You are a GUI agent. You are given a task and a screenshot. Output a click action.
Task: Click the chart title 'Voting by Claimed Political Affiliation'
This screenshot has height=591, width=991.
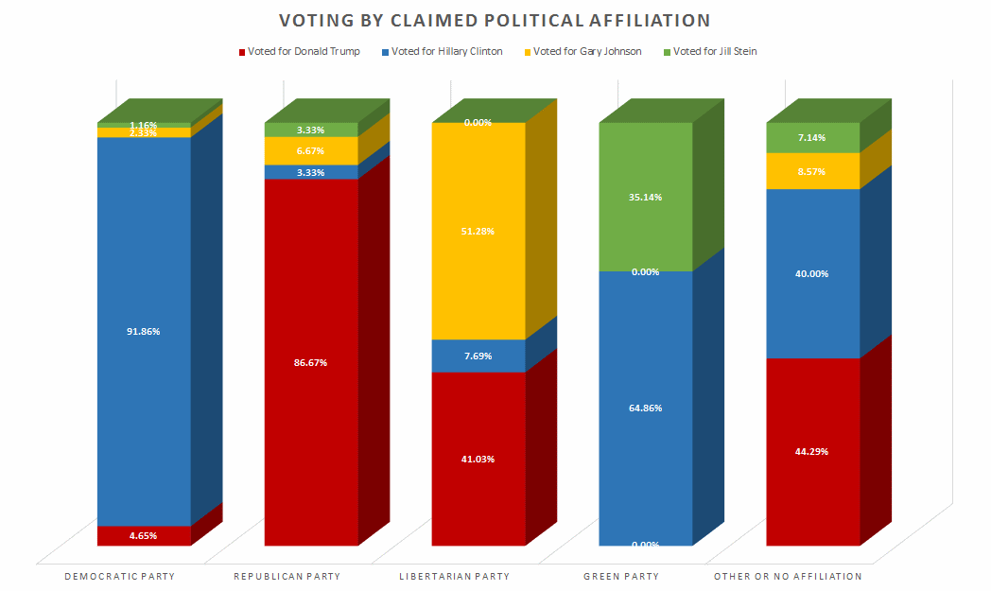(495, 20)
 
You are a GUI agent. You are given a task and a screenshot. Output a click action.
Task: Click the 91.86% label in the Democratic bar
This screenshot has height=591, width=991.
(144, 331)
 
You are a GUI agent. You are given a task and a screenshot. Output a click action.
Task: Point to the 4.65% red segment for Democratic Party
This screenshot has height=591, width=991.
(144, 535)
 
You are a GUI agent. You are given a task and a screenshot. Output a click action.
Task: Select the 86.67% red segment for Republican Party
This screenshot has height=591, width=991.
(311, 362)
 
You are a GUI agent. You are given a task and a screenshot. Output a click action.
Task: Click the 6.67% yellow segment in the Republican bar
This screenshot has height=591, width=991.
(311, 150)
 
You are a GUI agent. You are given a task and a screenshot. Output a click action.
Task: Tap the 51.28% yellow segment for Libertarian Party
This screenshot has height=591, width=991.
(478, 231)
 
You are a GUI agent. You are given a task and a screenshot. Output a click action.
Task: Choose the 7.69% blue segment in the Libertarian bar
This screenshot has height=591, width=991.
(478, 356)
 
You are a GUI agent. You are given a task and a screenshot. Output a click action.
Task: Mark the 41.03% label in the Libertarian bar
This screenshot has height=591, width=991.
(478, 459)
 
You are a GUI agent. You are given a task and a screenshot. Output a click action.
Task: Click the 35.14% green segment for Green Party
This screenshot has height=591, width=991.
(646, 197)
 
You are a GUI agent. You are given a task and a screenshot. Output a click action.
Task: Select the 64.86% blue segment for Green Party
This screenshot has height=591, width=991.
(646, 408)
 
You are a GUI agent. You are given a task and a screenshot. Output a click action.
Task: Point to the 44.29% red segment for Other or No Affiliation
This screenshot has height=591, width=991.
(813, 451)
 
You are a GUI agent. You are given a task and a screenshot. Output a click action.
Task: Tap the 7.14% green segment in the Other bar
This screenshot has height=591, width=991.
(813, 137)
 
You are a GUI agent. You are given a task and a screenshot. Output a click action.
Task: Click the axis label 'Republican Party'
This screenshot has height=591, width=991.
(287, 576)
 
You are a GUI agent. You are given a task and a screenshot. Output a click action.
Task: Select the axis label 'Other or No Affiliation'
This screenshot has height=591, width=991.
(787, 576)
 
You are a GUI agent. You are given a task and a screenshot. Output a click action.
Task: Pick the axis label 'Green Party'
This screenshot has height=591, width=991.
(621, 576)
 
